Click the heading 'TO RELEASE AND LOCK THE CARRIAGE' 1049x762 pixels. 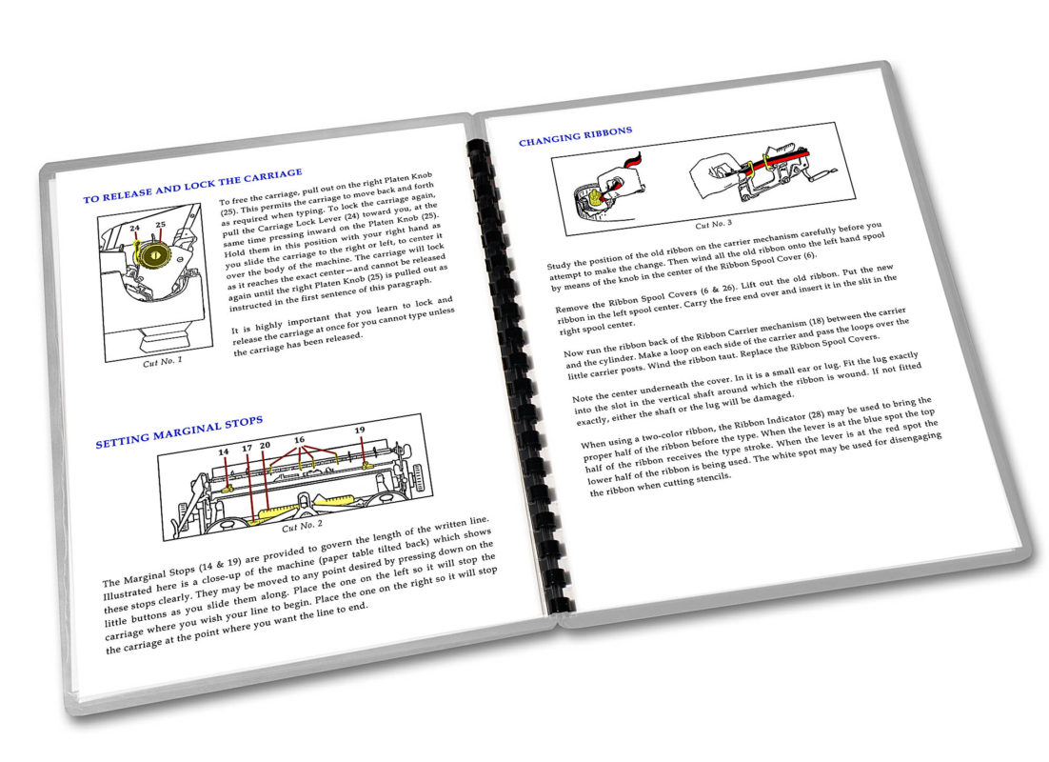click(x=192, y=186)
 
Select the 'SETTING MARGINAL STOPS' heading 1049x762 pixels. click(x=179, y=431)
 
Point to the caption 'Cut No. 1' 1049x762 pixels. click(x=163, y=362)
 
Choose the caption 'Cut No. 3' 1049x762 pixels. click(x=713, y=224)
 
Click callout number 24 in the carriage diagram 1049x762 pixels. click(x=134, y=228)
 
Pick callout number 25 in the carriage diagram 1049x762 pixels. click(x=161, y=225)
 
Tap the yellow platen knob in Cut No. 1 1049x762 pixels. click(x=154, y=254)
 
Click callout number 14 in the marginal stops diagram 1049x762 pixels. click(x=224, y=452)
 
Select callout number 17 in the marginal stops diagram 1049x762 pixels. click(x=247, y=448)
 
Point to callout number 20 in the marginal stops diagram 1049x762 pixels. click(x=265, y=445)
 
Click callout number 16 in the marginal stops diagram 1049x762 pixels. click(x=299, y=440)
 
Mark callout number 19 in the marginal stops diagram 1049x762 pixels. click(x=360, y=430)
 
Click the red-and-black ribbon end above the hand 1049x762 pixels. click(x=631, y=161)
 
